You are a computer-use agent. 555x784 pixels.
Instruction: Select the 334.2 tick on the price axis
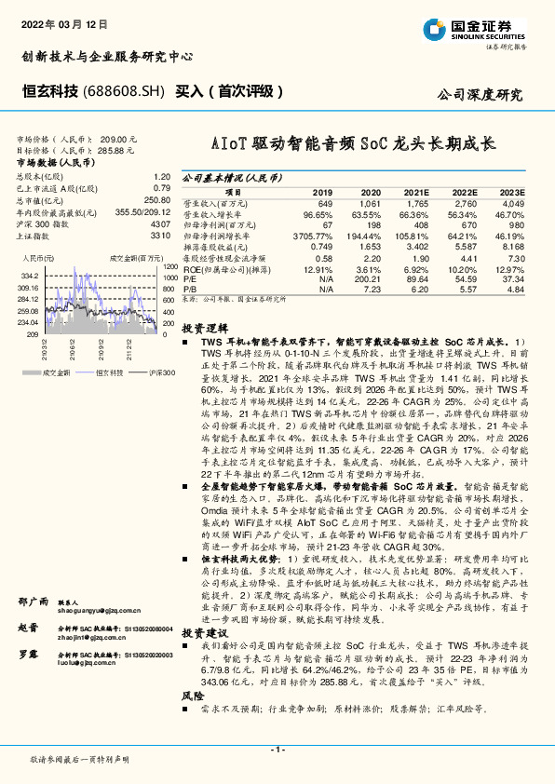click(x=28, y=277)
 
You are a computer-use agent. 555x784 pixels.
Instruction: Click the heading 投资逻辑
click(x=204, y=329)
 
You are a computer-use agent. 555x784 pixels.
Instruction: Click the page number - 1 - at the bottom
click(x=277, y=749)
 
